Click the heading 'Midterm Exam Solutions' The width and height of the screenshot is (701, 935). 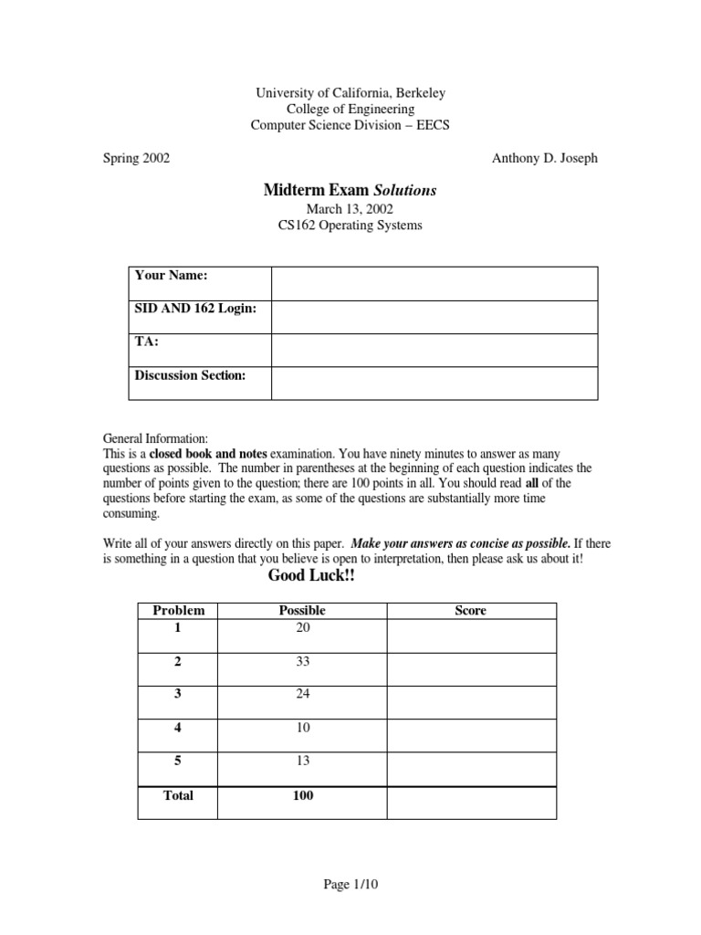click(x=350, y=190)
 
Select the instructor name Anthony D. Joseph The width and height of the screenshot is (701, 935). click(x=544, y=158)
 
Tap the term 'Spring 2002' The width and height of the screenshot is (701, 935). click(x=135, y=158)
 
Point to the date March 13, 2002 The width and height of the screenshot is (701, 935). click(x=350, y=209)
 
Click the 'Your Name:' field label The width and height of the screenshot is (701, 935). click(x=172, y=275)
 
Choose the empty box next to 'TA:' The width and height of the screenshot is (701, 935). click(x=434, y=350)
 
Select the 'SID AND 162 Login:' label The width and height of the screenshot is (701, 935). click(x=195, y=309)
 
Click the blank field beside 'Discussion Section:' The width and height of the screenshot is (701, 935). click(x=434, y=383)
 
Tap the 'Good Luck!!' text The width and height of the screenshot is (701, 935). click(x=309, y=577)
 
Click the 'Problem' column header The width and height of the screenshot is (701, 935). click(x=178, y=611)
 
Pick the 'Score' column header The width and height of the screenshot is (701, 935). click(x=470, y=611)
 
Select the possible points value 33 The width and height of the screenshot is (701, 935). click(x=302, y=661)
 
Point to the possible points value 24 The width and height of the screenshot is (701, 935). click(x=302, y=694)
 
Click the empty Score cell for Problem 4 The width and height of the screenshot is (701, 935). click(x=471, y=735)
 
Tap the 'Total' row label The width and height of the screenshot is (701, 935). click(x=178, y=795)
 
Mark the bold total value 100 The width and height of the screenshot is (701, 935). click(x=302, y=795)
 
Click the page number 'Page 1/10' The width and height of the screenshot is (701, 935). click(x=351, y=884)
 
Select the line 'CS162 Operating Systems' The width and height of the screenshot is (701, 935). click(x=350, y=226)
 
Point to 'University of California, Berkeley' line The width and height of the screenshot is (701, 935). click(x=350, y=93)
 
